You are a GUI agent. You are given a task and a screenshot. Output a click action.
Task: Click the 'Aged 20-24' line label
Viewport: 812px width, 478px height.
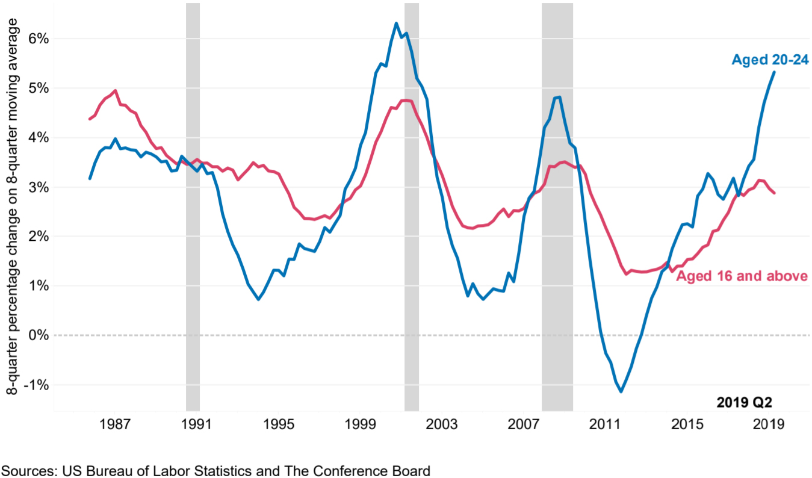pyautogui.click(x=769, y=60)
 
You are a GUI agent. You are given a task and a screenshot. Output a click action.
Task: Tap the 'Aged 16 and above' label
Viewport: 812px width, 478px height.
pyautogui.click(x=742, y=276)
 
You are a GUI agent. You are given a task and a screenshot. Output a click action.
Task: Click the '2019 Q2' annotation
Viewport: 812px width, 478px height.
pyautogui.click(x=744, y=402)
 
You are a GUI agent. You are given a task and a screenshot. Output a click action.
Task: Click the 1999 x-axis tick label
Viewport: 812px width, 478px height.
pyautogui.click(x=360, y=424)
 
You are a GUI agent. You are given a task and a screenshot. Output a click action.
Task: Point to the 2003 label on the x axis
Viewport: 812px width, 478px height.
pyautogui.click(x=442, y=424)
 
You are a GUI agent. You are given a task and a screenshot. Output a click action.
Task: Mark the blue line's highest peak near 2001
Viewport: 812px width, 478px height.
pyautogui.click(x=396, y=23)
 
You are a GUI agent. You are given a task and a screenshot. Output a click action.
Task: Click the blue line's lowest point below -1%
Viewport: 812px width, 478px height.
pyautogui.click(x=621, y=391)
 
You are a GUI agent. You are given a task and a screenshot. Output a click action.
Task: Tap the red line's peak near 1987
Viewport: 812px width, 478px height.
pyautogui.click(x=115, y=91)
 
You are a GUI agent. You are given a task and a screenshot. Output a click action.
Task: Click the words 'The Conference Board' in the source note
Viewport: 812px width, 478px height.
pyautogui.click(x=368, y=471)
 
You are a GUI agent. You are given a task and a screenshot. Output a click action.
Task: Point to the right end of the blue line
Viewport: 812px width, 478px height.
pyautogui.click(x=774, y=72)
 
